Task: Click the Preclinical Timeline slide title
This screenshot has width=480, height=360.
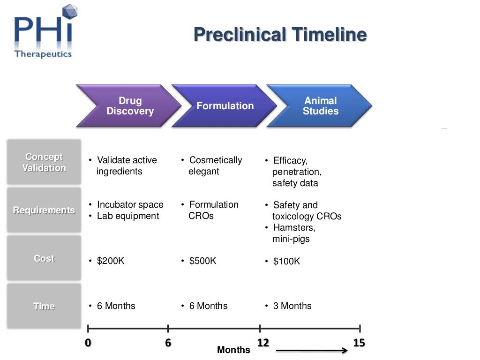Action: point(280,35)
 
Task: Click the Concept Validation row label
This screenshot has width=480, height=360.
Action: point(44,162)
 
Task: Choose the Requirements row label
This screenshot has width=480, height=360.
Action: point(44,210)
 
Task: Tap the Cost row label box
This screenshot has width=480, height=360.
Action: point(44,258)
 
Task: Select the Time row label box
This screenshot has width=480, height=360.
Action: point(44,306)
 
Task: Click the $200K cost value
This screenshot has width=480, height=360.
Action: point(111,261)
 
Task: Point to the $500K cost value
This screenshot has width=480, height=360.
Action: point(202,261)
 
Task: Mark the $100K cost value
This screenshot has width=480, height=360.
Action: point(286,262)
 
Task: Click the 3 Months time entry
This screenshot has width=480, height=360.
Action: point(292,306)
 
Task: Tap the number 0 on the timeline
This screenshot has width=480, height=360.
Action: point(88,343)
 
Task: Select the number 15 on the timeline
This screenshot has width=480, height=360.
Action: point(359,343)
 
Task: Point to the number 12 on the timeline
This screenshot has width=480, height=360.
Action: point(263,343)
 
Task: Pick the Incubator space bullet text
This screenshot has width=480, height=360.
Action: point(130,205)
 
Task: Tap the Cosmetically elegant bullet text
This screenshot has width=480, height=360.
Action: point(215,165)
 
